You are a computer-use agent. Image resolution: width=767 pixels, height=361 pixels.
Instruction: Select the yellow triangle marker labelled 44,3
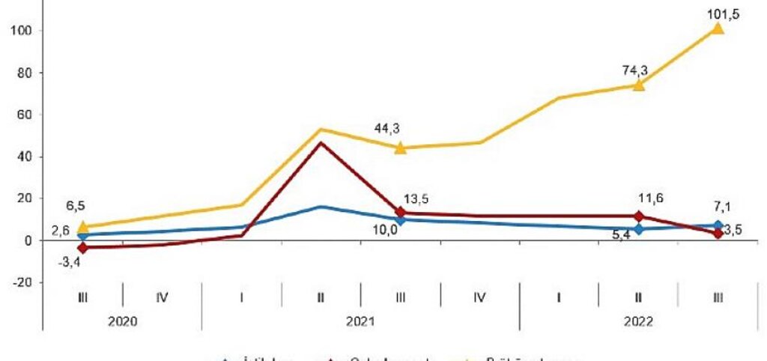(x=400, y=148)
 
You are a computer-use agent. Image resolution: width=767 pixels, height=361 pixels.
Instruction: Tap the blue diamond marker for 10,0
(x=400, y=219)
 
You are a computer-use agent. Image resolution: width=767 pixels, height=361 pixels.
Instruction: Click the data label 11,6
(x=651, y=198)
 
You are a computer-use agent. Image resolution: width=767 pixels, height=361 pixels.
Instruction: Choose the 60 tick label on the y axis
(x=23, y=115)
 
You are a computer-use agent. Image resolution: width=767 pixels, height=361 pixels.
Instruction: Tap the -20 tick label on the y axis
(x=20, y=282)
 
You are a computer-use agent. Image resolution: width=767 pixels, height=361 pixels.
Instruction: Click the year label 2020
(x=122, y=321)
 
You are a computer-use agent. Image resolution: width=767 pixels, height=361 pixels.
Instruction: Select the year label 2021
(x=360, y=321)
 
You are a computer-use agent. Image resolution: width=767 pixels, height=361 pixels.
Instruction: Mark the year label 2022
(x=639, y=321)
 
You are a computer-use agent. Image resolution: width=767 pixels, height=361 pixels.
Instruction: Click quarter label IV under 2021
(x=479, y=297)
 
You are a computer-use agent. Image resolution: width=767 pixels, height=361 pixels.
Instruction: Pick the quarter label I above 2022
(x=559, y=297)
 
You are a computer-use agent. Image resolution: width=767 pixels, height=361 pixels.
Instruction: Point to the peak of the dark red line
(x=321, y=142)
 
